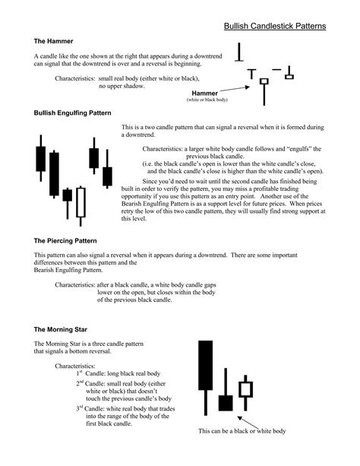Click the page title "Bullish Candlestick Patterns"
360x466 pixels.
click(275, 26)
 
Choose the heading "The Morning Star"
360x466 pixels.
click(62, 329)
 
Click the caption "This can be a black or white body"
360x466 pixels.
click(242, 431)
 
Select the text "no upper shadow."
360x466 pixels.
click(123, 87)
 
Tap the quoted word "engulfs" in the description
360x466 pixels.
click(281, 148)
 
